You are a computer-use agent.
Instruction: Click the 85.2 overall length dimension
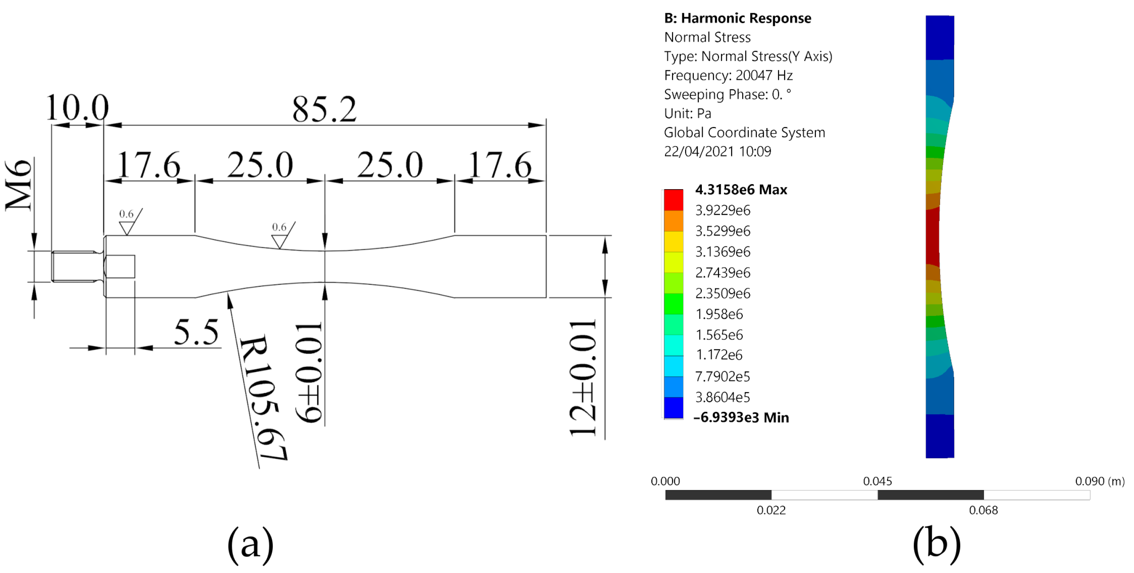tap(324, 109)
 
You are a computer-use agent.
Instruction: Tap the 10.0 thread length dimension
tap(78, 107)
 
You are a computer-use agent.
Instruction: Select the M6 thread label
tap(19, 185)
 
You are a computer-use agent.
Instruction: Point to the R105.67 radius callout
tap(263, 397)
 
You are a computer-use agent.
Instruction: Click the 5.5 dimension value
tap(196, 332)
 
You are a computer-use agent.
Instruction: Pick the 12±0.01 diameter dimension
tap(583, 378)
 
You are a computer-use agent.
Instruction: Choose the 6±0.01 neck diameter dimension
tap(309, 372)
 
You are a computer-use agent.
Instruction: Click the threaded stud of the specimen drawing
tap(74, 266)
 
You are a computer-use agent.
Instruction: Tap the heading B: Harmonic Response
tap(737, 18)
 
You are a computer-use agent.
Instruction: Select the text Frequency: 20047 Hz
tap(728, 75)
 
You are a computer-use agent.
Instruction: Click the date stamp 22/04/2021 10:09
tap(717, 151)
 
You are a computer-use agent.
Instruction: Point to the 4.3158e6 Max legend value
tap(741, 190)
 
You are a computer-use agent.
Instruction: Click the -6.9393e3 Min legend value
tap(741, 417)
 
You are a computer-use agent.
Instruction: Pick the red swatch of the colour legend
tap(673, 200)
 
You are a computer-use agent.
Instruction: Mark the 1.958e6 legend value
tap(719, 314)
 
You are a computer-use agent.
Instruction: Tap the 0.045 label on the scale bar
tap(877, 481)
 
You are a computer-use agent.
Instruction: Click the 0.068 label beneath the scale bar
tap(983, 510)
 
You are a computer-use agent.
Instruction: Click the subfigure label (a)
tap(250, 545)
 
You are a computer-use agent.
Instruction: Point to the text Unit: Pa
tap(687, 114)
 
